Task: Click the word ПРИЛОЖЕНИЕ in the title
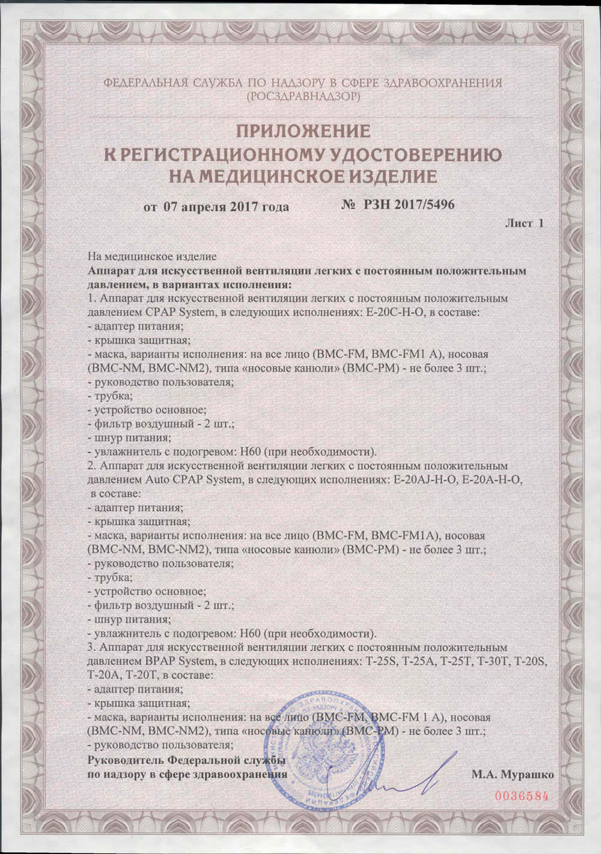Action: (300, 132)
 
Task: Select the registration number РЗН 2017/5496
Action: (408, 205)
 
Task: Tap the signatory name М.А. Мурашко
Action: (513, 774)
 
